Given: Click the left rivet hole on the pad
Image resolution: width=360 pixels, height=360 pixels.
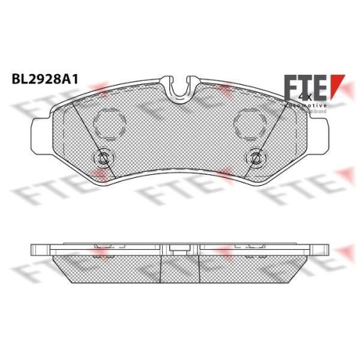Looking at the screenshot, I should click(103, 158).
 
